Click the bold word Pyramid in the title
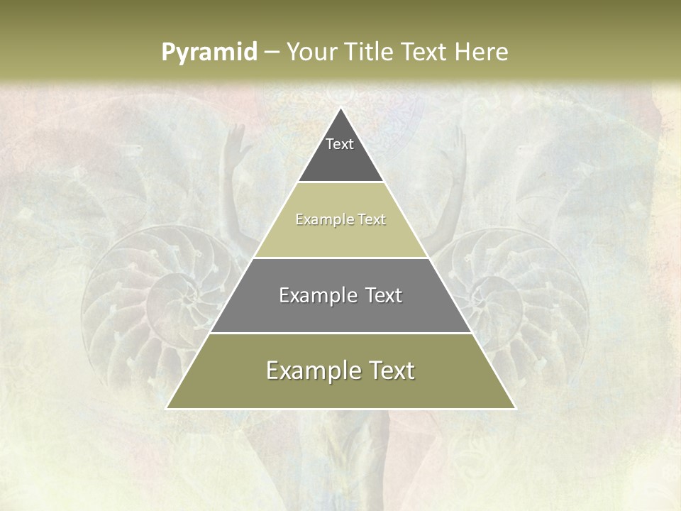(x=209, y=53)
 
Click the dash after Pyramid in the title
(x=272, y=53)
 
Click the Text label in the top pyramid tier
(x=340, y=144)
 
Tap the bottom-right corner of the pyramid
(x=515, y=408)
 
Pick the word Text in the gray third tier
(x=376, y=295)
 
